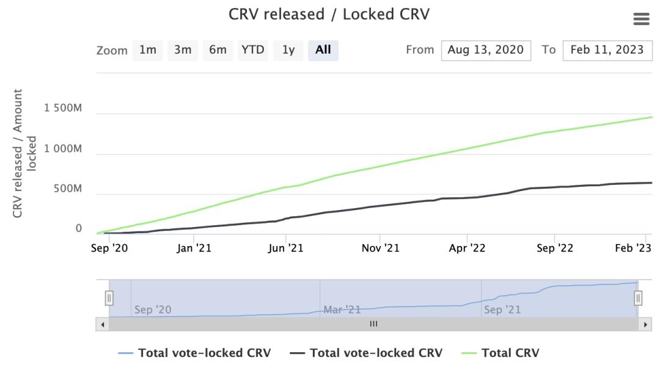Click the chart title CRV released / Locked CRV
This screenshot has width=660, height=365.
pos(329,14)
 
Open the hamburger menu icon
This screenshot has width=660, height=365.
pos(641,20)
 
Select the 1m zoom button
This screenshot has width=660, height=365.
pos(148,50)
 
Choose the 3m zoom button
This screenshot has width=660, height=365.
pos(183,50)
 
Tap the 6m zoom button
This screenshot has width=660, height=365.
pos(218,50)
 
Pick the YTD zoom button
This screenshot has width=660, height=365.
pos(253,50)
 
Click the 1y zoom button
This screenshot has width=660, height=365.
pos(288,50)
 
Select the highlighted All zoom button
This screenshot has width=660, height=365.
pos(323,50)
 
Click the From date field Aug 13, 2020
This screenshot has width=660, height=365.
pos(486,50)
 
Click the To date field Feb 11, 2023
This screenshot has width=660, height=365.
pos(607,50)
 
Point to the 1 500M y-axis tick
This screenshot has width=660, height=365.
pos(62,109)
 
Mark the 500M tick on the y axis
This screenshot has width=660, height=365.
pos(67,189)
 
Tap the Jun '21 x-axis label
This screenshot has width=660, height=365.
pos(286,248)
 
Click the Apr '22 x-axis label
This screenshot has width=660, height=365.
pos(467,248)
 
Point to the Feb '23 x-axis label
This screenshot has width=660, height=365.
pos(633,248)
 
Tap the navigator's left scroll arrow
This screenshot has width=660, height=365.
pos(103,324)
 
